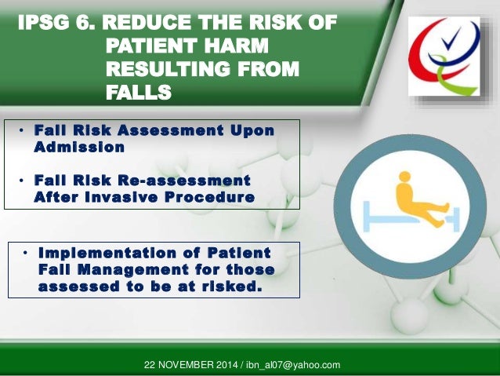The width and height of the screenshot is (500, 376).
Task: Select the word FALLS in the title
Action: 138,94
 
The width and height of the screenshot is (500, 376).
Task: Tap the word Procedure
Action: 213,197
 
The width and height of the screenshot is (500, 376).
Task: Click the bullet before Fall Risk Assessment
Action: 23,130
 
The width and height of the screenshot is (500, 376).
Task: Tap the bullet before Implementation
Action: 26,254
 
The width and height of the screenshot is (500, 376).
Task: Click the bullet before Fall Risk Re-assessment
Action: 23,181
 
